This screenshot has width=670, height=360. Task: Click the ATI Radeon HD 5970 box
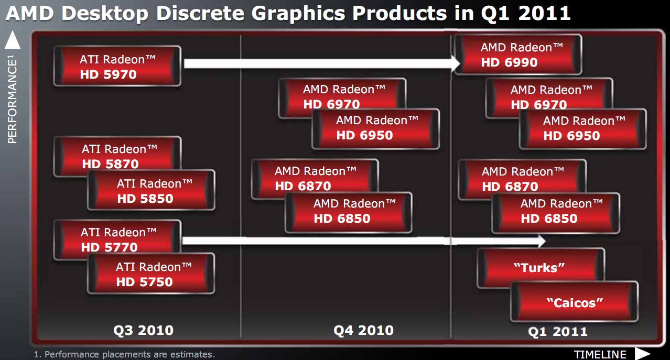pos(117,66)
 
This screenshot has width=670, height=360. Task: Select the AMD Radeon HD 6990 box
pos(518,54)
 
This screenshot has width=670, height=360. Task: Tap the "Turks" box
pos(541,268)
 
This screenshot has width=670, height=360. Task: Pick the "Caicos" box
pos(574,302)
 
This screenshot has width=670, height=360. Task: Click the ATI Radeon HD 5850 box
pos(151,190)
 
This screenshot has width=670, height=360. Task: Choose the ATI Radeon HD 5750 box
pos(151,274)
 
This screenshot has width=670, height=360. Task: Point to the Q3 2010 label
pos(143,331)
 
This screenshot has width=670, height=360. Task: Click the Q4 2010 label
pos(363,331)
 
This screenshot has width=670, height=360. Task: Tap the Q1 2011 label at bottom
pos(558,332)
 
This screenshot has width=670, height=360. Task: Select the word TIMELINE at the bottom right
pos(600,355)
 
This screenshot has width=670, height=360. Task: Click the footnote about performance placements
pos(124,355)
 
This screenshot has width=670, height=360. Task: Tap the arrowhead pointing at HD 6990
pos(456,63)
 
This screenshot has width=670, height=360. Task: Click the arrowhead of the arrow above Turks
pos(542,241)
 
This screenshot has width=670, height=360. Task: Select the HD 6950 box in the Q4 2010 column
pos(375,129)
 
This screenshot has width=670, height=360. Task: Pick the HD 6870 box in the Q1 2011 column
pos(522,180)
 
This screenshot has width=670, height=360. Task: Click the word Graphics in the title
pos(298,13)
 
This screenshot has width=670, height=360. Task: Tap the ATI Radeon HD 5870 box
pos(117,156)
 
